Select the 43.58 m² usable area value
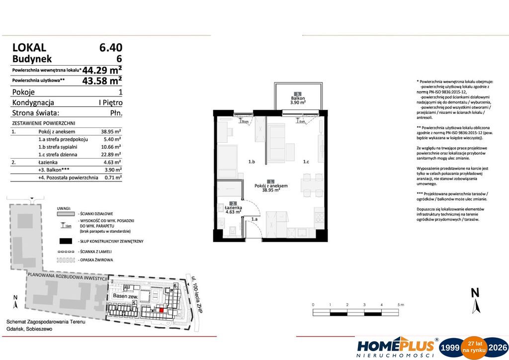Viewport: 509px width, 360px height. pyautogui.click(x=102, y=80)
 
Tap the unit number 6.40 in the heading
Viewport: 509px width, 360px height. pyautogui.click(x=110, y=48)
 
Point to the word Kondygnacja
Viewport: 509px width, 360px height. pyautogui.click(x=33, y=103)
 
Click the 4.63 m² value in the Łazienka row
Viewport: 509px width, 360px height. pyautogui.click(x=112, y=162)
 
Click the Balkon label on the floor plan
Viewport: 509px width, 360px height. pyautogui.click(x=298, y=98)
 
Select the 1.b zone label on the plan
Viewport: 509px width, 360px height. pyautogui.click(x=252, y=162)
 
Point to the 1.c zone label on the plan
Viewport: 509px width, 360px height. pyautogui.click(x=306, y=162)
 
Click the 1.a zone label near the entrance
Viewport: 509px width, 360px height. pyautogui.click(x=254, y=219)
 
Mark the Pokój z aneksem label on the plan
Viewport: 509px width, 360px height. pyautogui.click(x=271, y=186)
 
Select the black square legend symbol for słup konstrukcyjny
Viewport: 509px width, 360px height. pyautogui.click(x=66, y=241)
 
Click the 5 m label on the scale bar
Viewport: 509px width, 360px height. pyautogui.click(x=400, y=304)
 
